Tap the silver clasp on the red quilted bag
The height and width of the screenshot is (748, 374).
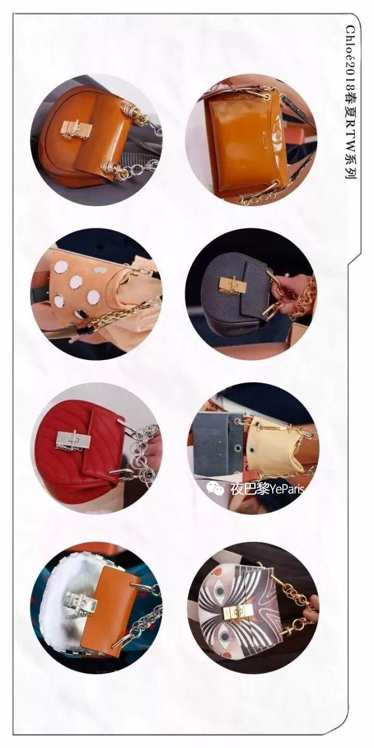pos(69,439)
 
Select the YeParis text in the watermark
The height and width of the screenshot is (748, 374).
pos(286,490)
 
